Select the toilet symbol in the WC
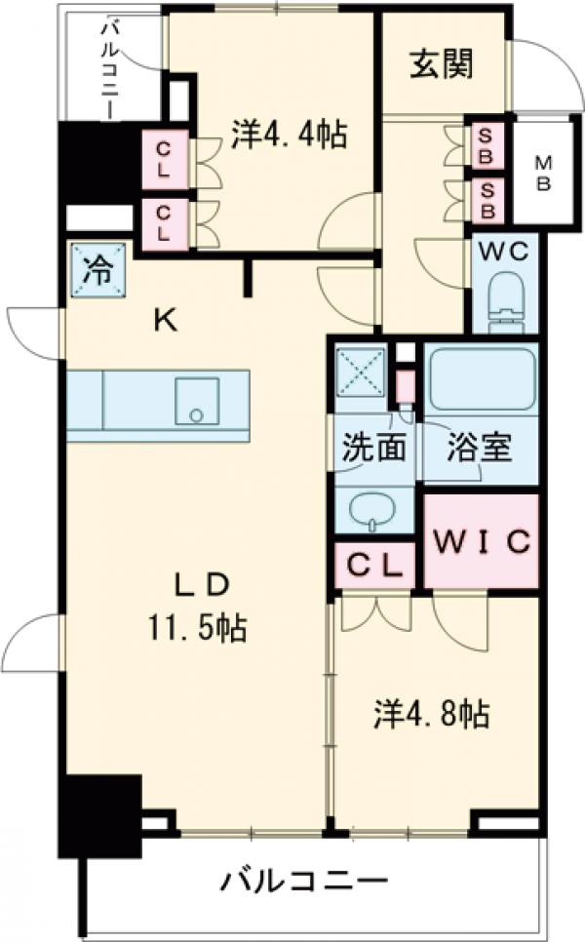(505, 297)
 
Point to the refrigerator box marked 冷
(97, 270)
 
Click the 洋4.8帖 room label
(429, 715)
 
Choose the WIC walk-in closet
(481, 540)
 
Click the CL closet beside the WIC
(375, 565)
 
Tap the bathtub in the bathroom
(482, 377)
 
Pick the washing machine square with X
(360, 370)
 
